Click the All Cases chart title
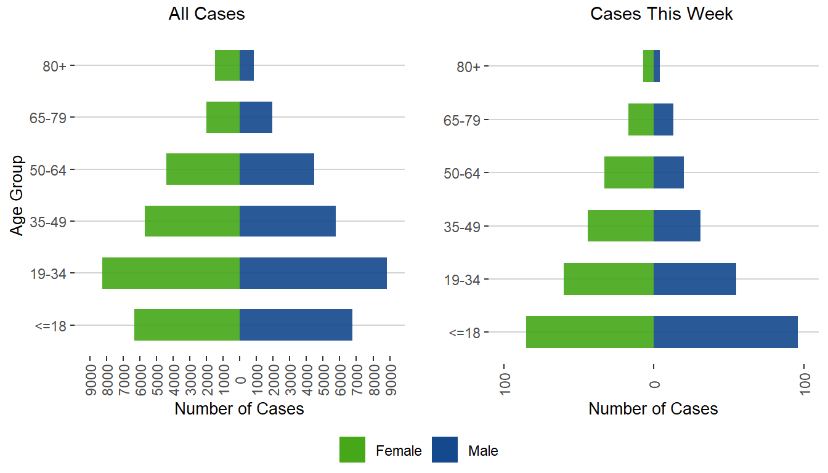[x=206, y=14]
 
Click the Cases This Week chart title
[x=661, y=14]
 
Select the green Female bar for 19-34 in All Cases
[x=171, y=273]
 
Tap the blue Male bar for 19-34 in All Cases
[x=313, y=273]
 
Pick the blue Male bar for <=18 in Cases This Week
[x=725, y=332]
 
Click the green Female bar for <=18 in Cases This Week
[x=590, y=332]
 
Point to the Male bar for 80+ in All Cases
[x=246, y=65]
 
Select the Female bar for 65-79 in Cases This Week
[x=641, y=119]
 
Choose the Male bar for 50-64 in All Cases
[x=277, y=169]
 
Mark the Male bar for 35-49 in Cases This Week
[x=676, y=226]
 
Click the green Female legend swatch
[x=352, y=450]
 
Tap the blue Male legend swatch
[x=445, y=450]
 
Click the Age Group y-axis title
[x=17, y=195]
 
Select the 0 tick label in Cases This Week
[x=654, y=384]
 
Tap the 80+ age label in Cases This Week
[x=468, y=67]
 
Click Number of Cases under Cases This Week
[x=653, y=409]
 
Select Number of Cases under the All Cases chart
[x=239, y=409]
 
